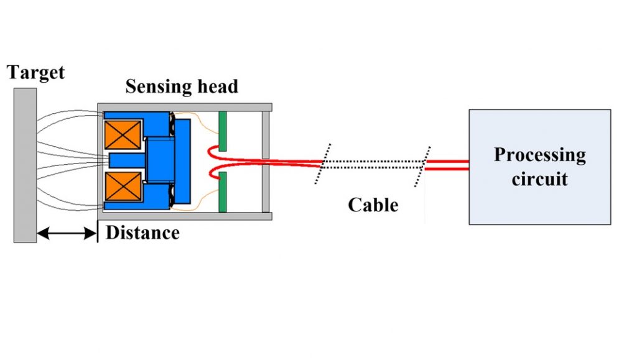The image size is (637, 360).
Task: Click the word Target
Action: [x=35, y=72]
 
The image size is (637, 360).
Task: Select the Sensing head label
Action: [x=182, y=86]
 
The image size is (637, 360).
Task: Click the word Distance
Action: [x=142, y=233]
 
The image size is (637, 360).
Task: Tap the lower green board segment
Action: [x=222, y=192]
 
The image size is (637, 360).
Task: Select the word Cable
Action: [x=373, y=205]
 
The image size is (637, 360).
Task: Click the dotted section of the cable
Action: [x=373, y=164]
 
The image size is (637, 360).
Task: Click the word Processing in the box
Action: [x=539, y=154]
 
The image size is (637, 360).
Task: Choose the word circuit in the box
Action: [x=539, y=180]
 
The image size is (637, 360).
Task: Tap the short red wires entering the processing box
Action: [x=447, y=164]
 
